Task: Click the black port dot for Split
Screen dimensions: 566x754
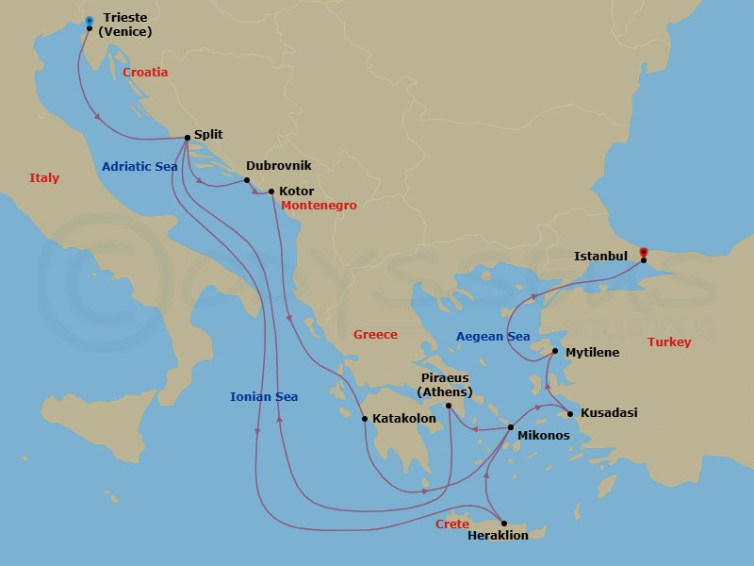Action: [x=188, y=138]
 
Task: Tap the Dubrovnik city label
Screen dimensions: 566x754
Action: [x=278, y=165]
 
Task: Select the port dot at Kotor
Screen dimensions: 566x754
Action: [x=271, y=192]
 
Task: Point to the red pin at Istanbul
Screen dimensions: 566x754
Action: [x=644, y=253]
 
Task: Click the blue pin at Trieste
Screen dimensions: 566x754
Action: [x=89, y=21]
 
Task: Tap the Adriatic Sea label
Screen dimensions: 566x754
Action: [x=139, y=167]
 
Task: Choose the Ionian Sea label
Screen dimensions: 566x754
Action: [x=264, y=397]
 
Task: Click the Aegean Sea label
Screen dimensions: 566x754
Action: [x=493, y=337]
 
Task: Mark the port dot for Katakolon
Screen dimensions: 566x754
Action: [x=365, y=419]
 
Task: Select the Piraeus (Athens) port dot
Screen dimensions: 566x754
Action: [x=449, y=407]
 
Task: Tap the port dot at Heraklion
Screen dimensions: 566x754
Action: [x=504, y=524]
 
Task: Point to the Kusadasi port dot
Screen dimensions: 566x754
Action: [x=569, y=413]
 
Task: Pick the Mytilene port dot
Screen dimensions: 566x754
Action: [x=555, y=352]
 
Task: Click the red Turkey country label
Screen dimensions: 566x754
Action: [x=669, y=342]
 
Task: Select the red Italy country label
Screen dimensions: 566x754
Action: [x=44, y=178]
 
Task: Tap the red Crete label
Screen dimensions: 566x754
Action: [x=452, y=524]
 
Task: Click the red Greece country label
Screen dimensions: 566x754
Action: [x=375, y=335]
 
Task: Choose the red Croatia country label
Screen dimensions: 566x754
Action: [x=145, y=72]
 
